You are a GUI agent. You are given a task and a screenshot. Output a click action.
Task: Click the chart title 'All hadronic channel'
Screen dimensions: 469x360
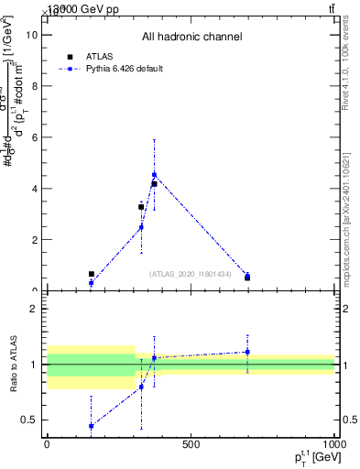(x=191, y=37)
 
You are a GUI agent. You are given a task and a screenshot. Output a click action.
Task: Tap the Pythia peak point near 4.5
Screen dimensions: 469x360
(x=154, y=174)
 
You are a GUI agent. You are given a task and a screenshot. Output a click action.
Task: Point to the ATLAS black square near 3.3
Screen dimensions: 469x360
(x=141, y=207)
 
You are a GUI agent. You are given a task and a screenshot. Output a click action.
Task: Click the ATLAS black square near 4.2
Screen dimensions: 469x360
(x=154, y=184)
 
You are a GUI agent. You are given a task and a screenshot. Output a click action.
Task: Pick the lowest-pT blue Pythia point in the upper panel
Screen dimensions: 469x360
(x=91, y=283)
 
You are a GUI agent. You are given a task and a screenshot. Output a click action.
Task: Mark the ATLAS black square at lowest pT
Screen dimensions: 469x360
(x=91, y=274)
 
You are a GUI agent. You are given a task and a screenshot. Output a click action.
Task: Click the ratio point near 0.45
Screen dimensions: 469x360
(x=91, y=426)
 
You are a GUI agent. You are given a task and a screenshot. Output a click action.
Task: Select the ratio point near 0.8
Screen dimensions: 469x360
(x=141, y=387)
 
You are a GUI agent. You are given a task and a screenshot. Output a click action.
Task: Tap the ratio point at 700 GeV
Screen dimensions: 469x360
(x=247, y=352)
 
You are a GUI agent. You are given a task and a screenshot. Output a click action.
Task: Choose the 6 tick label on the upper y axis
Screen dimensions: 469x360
(x=33, y=137)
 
